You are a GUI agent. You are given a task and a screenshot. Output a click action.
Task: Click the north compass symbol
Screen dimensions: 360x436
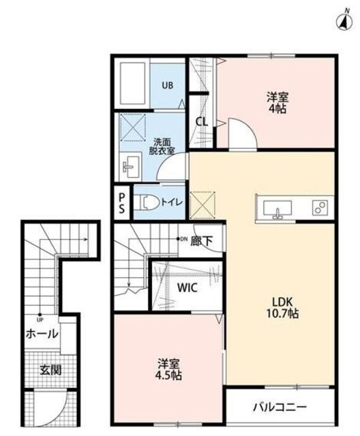click(344, 21)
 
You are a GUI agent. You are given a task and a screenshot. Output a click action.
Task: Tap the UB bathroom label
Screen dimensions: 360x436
click(168, 85)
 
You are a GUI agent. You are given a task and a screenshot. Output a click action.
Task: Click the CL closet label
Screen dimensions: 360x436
click(201, 121)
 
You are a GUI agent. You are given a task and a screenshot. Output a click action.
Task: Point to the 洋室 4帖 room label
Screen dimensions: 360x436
click(277, 103)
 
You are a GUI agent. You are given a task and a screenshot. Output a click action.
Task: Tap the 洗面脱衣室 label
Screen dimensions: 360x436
click(162, 146)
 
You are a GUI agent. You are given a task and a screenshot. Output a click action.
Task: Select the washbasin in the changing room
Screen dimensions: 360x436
click(130, 167)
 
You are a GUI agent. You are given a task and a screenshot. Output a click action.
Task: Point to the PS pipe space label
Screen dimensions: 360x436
click(122, 203)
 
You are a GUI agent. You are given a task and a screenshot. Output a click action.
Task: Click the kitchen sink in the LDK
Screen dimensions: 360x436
click(277, 208)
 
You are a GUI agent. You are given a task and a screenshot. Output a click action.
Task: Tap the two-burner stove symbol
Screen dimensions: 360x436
click(320, 208)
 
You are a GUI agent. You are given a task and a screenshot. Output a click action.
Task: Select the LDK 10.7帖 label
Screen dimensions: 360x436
click(282, 307)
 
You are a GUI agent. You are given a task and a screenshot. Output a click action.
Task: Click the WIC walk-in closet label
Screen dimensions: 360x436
click(187, 287)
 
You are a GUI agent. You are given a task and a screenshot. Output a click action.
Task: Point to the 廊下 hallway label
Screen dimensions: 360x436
click(201, 241)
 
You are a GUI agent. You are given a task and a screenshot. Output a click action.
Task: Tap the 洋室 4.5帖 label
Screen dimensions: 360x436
click(168, 369)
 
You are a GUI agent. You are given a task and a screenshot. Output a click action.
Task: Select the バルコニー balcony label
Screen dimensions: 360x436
click(280, 407)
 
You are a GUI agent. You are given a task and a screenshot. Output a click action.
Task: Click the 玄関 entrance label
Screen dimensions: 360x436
click(50, 370)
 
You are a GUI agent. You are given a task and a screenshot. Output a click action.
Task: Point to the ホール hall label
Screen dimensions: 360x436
click(42, 333)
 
